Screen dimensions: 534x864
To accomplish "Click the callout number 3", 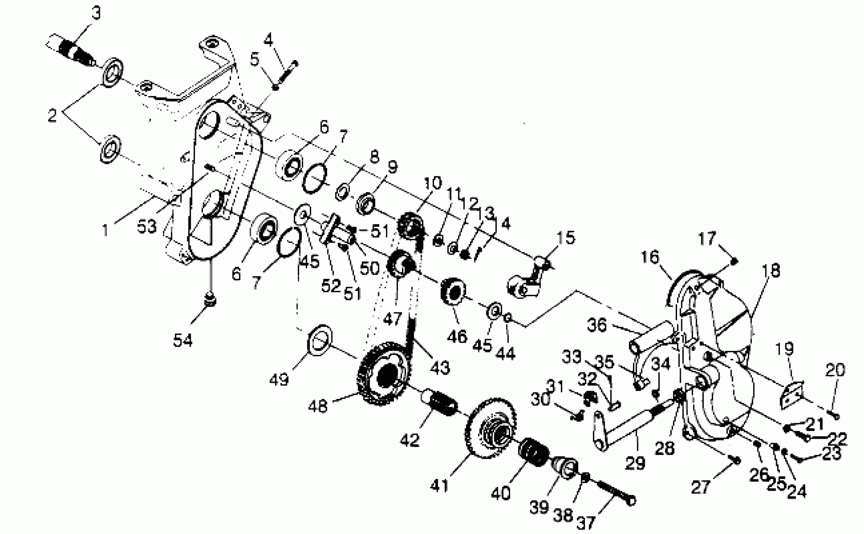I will click(x=96, y=14).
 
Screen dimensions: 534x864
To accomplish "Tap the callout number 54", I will click(x=183, y=341).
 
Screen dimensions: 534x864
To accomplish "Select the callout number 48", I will click(x=318, y=406).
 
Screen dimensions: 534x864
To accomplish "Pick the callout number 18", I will click(x=771, y=270).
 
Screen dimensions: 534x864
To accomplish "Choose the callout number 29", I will click(x=635, y=463).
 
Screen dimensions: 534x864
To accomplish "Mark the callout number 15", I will click(x=566, y=238).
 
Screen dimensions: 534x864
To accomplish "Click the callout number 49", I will click(x=279, y=380).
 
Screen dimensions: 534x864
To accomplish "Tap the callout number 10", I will click(x=432, y=183).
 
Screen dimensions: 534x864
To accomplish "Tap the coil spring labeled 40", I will click(x=534, y=452).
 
